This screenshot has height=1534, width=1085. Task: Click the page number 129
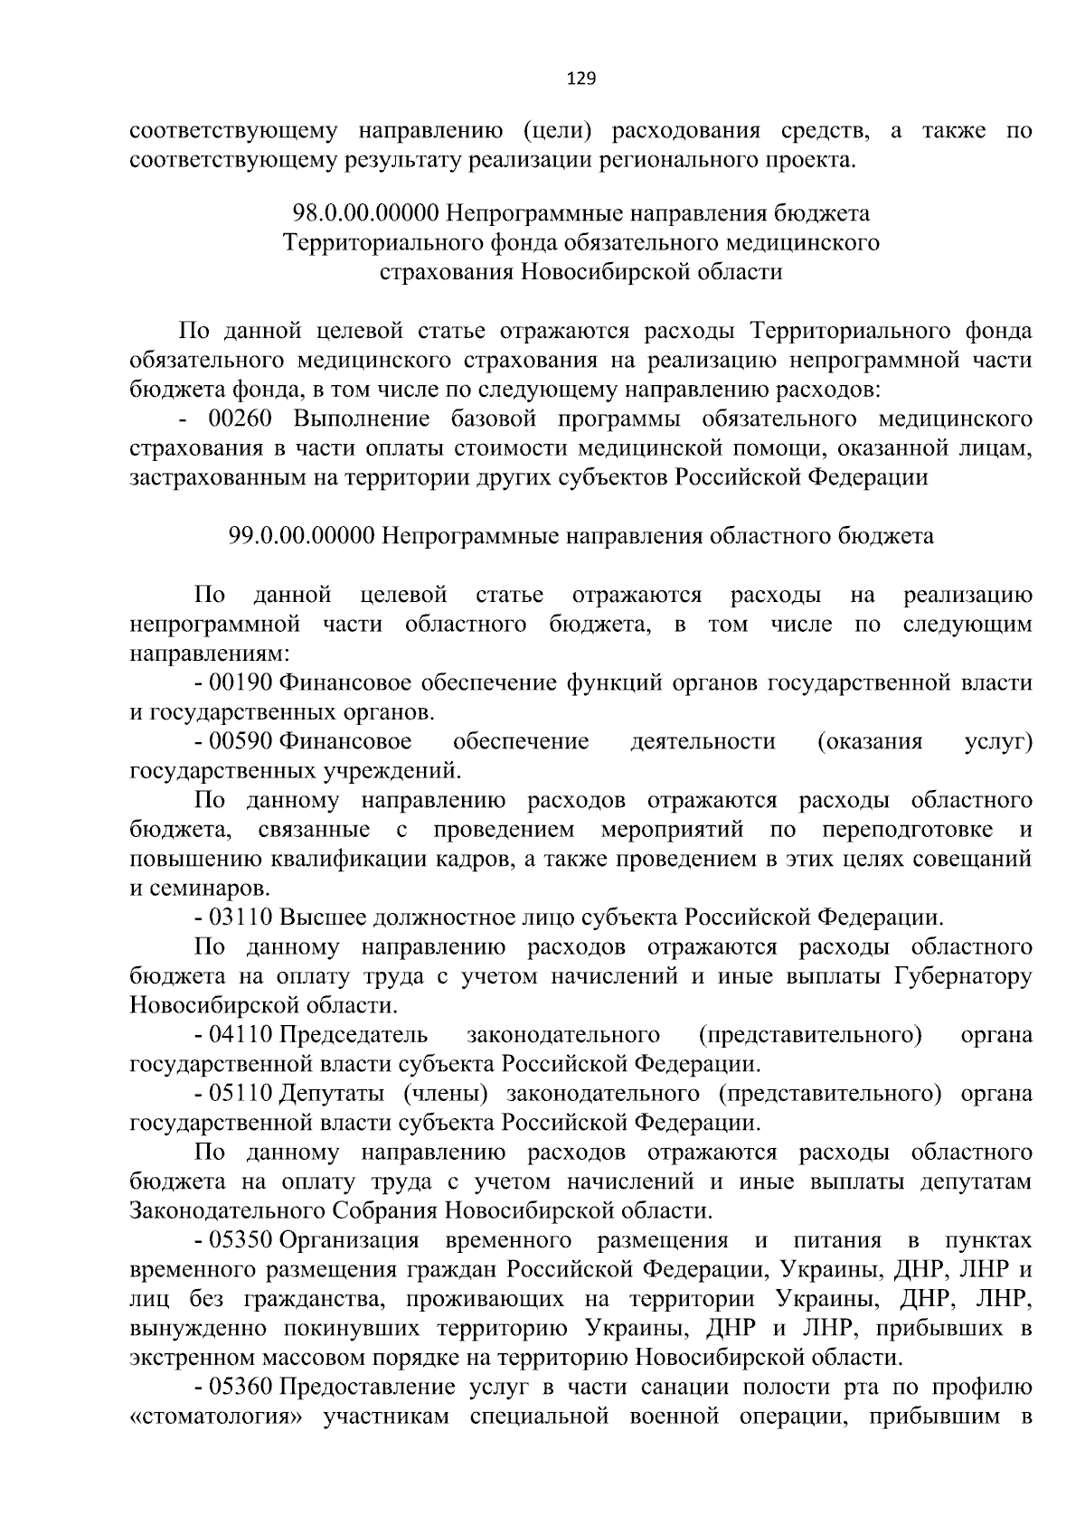(580, 79)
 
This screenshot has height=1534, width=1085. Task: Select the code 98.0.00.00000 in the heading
(365, 213)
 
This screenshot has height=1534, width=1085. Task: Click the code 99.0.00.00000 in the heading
(302, 536)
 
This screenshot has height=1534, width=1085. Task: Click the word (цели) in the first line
(557, 132)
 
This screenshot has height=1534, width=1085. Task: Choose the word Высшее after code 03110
(317, 918)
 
